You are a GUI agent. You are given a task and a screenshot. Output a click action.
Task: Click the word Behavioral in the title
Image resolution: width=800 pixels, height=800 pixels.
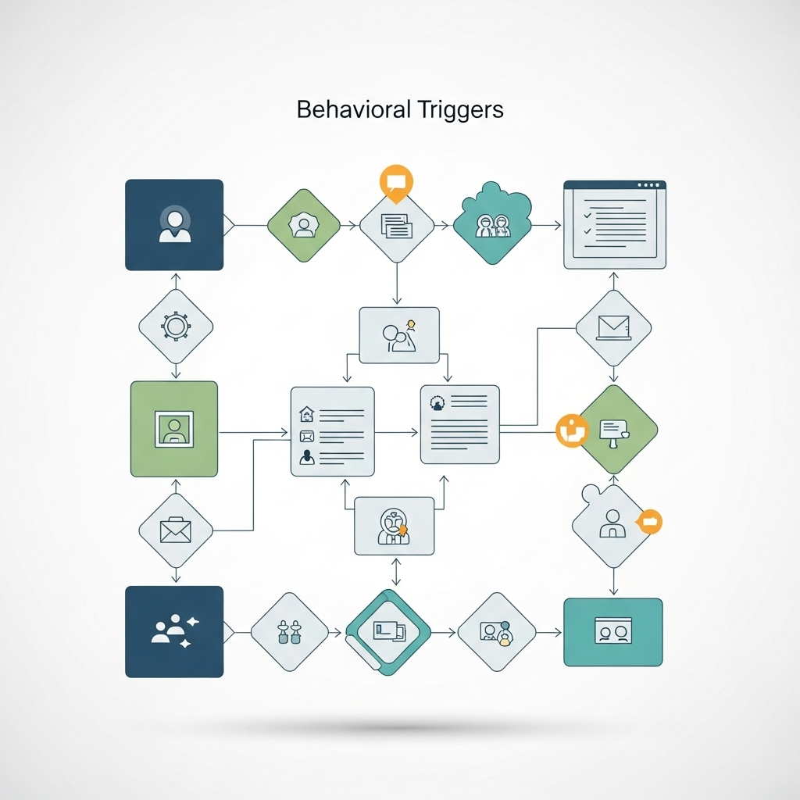352,110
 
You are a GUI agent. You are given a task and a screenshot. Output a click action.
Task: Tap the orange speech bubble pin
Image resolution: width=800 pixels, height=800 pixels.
395,182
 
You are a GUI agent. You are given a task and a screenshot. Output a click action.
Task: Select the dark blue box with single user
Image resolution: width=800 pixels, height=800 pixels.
174,225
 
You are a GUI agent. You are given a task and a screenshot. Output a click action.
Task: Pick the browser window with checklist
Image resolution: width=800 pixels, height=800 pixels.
615,225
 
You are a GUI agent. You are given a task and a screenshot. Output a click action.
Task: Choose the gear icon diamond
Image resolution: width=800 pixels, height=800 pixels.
176,326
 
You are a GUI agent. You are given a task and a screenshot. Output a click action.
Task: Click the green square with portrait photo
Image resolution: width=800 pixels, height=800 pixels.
174,428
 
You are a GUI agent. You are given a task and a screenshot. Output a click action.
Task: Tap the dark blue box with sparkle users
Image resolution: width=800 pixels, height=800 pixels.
174,631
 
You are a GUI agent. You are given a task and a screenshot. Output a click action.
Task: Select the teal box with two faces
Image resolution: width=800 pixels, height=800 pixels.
612,632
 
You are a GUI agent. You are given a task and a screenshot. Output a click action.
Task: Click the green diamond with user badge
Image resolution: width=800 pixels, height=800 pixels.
303,226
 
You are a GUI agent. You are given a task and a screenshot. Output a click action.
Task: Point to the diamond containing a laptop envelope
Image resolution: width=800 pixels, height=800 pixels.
613,327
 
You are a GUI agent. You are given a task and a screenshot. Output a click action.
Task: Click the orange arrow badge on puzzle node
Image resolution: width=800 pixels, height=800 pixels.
649,521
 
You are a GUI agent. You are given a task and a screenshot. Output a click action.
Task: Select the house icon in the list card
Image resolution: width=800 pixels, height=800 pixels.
306,413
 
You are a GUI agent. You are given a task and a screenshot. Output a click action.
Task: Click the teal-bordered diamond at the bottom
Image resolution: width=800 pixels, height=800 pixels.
387,631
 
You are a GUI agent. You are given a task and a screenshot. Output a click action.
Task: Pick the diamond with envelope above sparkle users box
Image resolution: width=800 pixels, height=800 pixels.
176,530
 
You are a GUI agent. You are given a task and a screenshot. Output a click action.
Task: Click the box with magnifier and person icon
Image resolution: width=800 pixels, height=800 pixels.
398,334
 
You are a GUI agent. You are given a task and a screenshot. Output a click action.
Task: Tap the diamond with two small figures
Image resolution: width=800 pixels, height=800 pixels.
289,631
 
